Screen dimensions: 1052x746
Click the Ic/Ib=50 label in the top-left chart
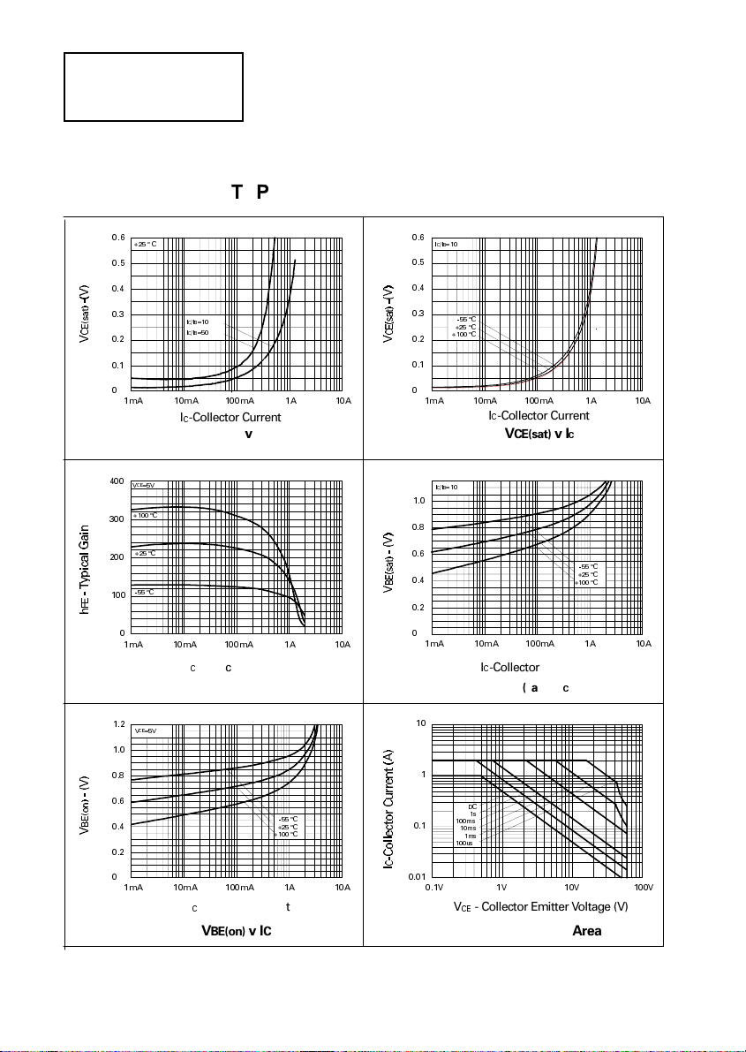pyautogui.click(x=197, y=332)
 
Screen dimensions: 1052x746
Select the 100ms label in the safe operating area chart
pyautogui.click(x=465, y=821)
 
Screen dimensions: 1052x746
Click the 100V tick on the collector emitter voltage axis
pyautogui.click(x=643, y=887)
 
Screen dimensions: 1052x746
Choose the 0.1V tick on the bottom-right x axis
pyautogui.click(x=433, y=887)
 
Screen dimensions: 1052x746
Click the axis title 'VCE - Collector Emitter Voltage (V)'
pyautogui.click(x=540, y=907)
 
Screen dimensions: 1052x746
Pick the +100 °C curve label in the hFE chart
pyautogui.click(x=145, y=516)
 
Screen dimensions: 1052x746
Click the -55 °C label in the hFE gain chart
pyautogui.click(x=144, y=592)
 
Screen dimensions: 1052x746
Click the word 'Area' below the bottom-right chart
pyautogui.click(x=587, y=931)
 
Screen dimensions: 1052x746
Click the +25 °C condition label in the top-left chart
pyautogui.click(x=145, y=244)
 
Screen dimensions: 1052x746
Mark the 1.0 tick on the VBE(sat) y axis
pyautogui.click(x=420, y=501)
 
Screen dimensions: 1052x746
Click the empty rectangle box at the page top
pyautogui.click(x=154, y=87)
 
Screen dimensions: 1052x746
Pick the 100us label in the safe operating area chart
pyautogui.click(x=465, y=843)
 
